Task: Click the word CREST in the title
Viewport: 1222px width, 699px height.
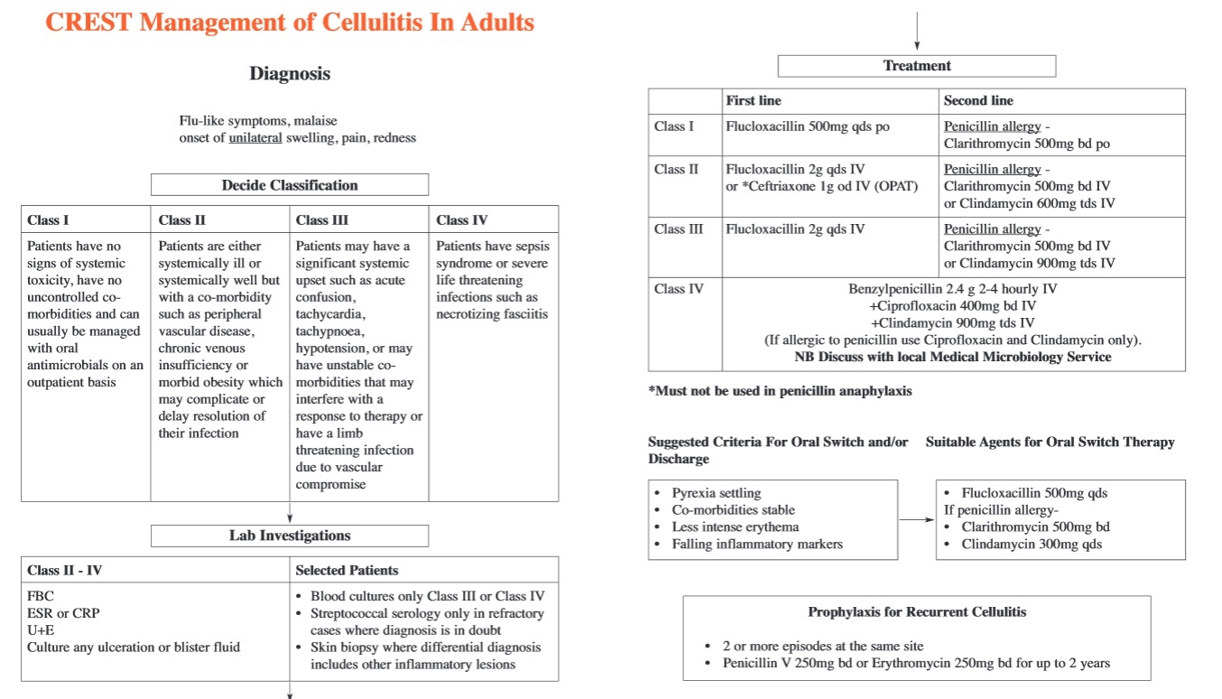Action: click(x=86, y=22)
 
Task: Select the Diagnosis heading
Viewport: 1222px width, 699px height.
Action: click(x=290, y=74)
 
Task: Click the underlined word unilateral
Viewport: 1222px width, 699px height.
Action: click(x=255, y=138)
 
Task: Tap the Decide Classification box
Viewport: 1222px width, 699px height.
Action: click(x=290, y=185)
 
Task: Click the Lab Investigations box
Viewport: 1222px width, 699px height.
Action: click(x=290, y=536)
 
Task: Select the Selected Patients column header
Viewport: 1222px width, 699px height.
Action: click(x=347, y=570)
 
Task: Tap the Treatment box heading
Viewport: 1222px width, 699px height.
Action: click(x=917, y=66)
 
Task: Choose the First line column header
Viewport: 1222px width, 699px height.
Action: click(x=754, y=100)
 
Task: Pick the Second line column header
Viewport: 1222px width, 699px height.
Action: click(x=978, y=100)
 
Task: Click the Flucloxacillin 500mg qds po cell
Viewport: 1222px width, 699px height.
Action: click(x=808, y=126)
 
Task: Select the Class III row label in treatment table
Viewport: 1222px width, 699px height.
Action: click(x=679, y=229)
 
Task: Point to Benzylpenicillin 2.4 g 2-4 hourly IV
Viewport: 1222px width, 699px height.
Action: click(x=952, y=290)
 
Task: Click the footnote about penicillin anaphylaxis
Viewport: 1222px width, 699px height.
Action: click(x=780, y=391)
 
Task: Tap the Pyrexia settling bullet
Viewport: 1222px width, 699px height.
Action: click(x=716, y=493)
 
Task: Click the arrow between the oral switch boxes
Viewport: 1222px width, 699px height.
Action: click(x=917, y=519)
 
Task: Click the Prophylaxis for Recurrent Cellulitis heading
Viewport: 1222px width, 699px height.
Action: click(x=917, y=612)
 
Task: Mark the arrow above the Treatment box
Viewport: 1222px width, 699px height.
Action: click(x=917, y=32)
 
